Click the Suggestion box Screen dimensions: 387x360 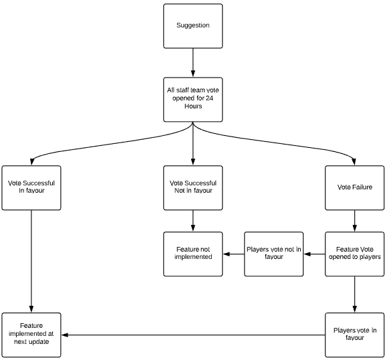[x=193, y=26]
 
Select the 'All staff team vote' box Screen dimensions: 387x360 [x=193, y=100]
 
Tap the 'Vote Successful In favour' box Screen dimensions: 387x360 [x=31, y=188]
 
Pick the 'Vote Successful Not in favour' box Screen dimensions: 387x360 [x=193, y=188]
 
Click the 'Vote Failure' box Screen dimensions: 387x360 [x=355, y=188]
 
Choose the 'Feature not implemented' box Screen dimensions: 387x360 [x=193, y=254]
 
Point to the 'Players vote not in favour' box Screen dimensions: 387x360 [x=274, y=254]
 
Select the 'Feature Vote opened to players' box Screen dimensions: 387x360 [x=355, y=254]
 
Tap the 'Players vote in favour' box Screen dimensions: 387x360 [x=355, y=335]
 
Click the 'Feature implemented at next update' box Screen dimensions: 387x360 [x=31, y=335]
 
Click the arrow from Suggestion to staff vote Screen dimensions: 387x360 [x=193, y=63]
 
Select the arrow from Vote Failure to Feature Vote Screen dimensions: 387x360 [x=355, y=221]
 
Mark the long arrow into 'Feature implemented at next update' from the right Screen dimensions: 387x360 [x=193, y=335]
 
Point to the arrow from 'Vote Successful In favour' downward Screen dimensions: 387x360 [x=31, y=262]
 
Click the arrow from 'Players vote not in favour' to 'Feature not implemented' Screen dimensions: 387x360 [x=233, y=254]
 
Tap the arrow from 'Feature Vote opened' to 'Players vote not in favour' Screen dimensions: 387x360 [x=314, y=254]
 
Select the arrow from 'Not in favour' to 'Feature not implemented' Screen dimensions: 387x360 [x=193, y=221]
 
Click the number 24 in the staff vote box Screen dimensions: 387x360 [x=209, y=98]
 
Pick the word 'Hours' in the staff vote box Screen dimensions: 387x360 [x=193, y=106]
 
